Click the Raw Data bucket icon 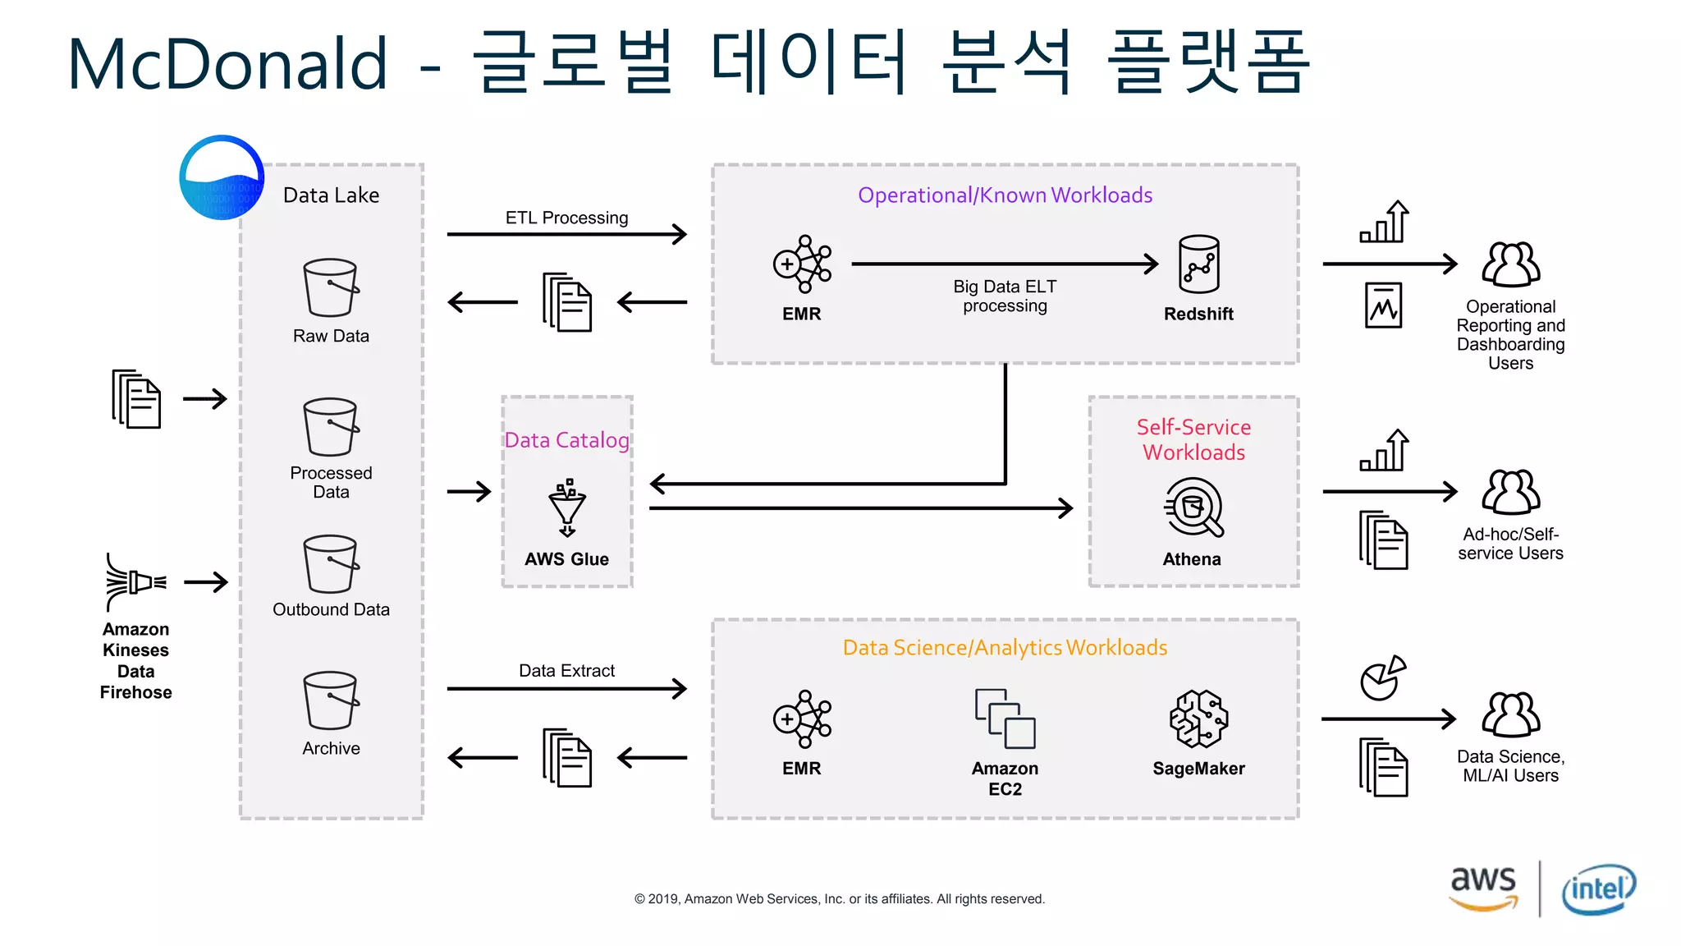pyautogui.click(x=331, y=287)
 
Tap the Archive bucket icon pyautogui.click(x=331, y=700)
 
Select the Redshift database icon pyautogui.click(x=1198, y=264)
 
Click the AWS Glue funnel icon pyautogui.click(x=567, y=507)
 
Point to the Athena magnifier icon pyautogui.click(x=1193, y=507)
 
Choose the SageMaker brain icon pyautogui.click(x=1198, y=719)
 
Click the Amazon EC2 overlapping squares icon pyautogui.click(x=1005, y=719)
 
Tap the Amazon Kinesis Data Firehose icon pyautogui.click(x=135, y=582)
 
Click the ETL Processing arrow pyautogui.click(x=566, y=235)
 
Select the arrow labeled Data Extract pyautogui.click(x=566, y=688)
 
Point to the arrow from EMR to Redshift pyautogui.click(x=1005, y=264)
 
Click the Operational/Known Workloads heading pyautogui.click(x=1005, y=195)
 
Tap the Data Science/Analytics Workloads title pyautogui.click(x=1005, y=648)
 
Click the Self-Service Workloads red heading pyautogui.click(x=1193, y=439)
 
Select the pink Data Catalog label pyautogui.click(x=566, y=440)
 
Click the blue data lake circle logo pyautogui.click(x=222, y=177)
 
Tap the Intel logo pyautogui.click(x=1599, y=889)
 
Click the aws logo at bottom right pyautogui.click(x=1482, y=888)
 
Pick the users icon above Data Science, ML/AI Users pyautogui.click(x=1510, y=714)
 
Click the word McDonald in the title pyautogui.click(x=227, y=63)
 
